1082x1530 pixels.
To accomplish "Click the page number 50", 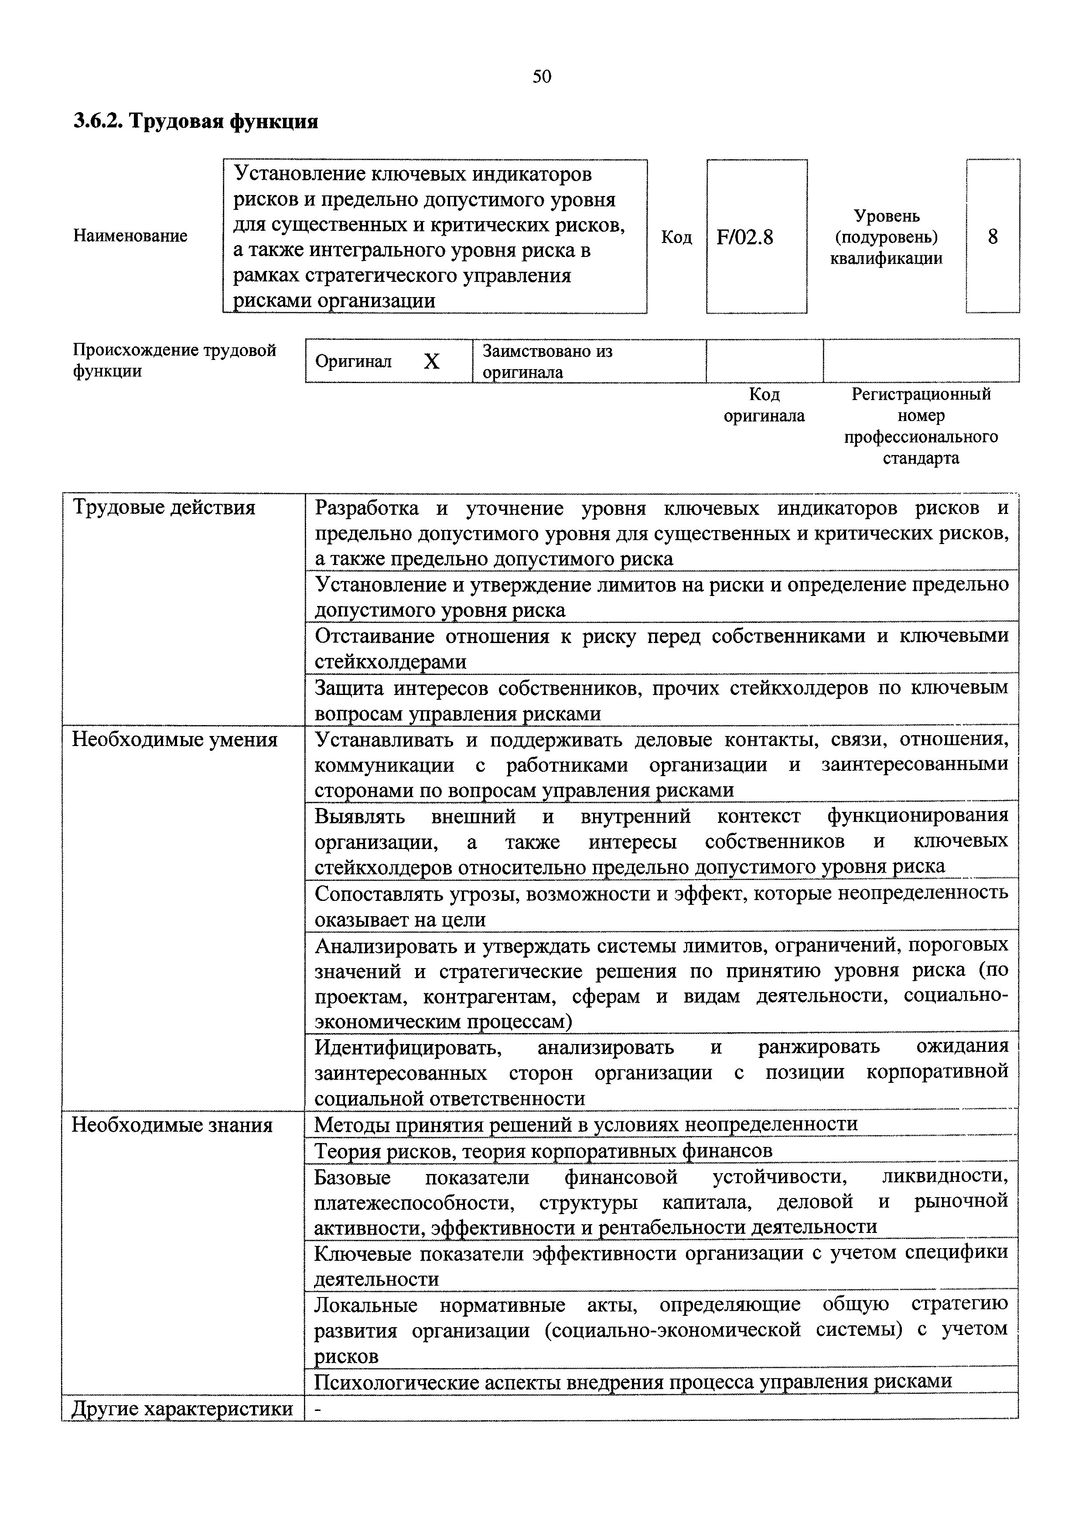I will [542, 77].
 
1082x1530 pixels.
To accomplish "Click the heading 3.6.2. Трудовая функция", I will [196, 121].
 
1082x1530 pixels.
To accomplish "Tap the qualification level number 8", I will [992, 236].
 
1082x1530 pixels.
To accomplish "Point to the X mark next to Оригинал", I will [432, 362].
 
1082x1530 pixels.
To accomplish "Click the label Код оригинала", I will [764, 405].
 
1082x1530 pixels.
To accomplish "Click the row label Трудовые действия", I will [164, 508].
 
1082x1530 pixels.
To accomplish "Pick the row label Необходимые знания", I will [172, 1126].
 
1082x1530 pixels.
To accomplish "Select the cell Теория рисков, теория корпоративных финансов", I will [543, 1151].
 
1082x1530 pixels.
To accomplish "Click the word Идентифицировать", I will [408, 1047].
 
